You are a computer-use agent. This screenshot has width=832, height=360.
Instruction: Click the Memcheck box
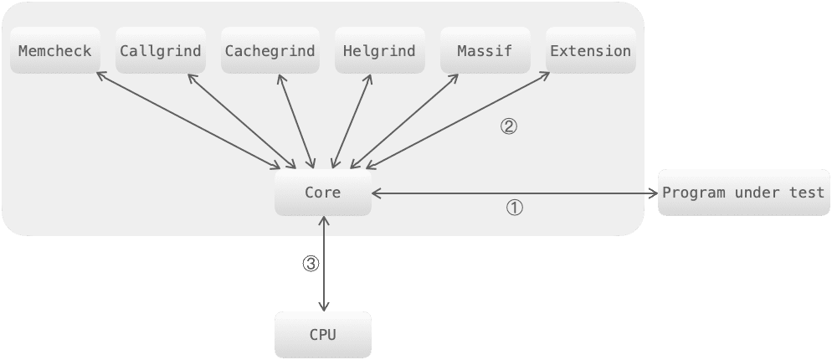point(55,51)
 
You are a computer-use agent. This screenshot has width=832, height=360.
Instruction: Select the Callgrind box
point(161,51)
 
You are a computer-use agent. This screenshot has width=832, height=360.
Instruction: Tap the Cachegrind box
point(270,51)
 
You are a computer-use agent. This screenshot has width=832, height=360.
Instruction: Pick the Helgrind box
point(379,51)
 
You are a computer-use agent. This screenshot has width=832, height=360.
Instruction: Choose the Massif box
point(485,51)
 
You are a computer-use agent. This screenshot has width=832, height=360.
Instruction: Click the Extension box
point(590,51)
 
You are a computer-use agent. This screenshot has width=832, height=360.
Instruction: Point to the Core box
point(322,193)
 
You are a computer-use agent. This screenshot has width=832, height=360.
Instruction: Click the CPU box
point(322,335)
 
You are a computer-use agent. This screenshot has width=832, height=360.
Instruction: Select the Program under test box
point(743,193)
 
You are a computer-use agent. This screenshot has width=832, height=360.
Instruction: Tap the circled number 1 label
point(515,208)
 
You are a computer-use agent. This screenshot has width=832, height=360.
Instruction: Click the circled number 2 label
point(509,127)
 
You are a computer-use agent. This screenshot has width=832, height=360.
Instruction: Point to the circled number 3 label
point(311,263)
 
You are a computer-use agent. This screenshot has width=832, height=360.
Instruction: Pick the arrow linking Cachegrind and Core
point(293,120)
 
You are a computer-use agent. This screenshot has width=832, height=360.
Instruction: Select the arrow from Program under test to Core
point(511,193)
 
